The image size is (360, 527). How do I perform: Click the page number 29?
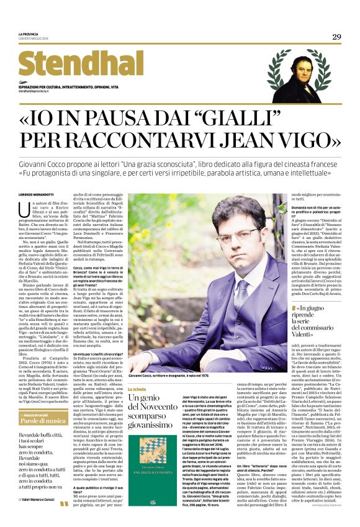click(337, 37)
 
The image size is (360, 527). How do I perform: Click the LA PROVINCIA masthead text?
click(29, 34)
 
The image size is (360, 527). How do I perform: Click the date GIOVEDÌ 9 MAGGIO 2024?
click(35, 38)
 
